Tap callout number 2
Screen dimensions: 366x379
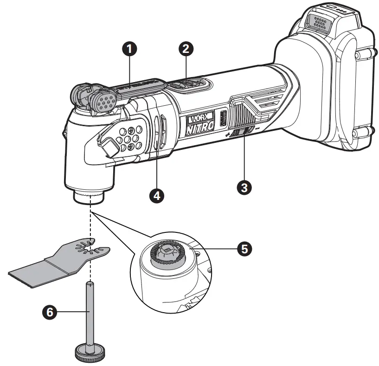(186, 48)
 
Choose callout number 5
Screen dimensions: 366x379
(244, 249)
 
